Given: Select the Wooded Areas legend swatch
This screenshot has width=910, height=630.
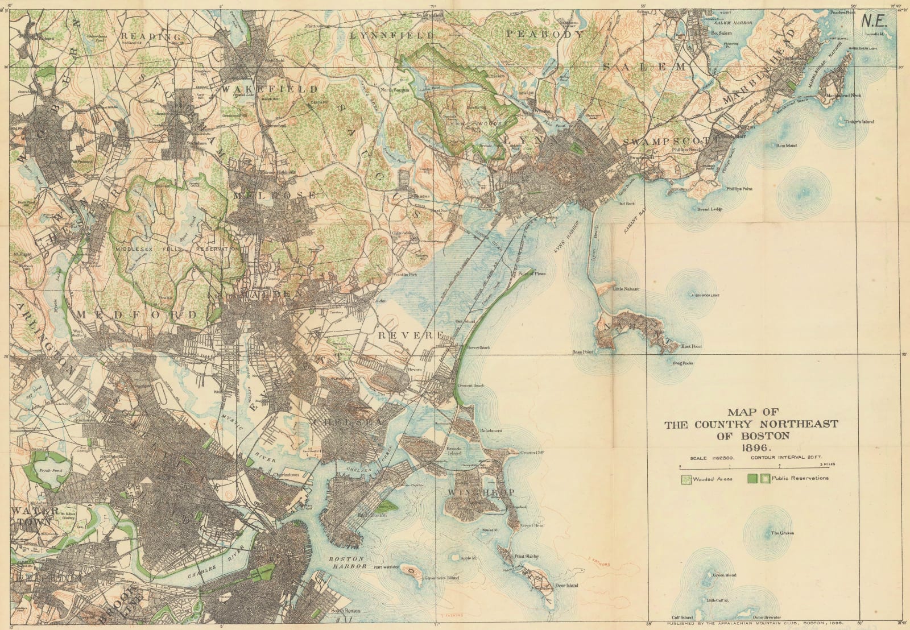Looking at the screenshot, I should pyautogui.click(x=687, y=479).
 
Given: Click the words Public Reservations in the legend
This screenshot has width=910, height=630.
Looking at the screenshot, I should pyautogui.click(x=800, y=478).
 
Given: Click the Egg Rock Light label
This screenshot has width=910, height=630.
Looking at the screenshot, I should pyautogui.click(x=704, y=296).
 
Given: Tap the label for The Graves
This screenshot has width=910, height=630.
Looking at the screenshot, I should pyautogui.click(x=783, y=533).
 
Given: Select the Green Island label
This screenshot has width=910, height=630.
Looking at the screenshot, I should pyautogui.click(x=725, y=575).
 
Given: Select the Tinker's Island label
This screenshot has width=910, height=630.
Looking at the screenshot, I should pyautogui.click(x=859, y=122).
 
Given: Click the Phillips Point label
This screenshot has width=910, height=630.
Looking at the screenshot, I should pyautogui.click(x=739, y=189).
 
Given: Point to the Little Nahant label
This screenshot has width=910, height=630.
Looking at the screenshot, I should pyautogui.click(x=626, y=289).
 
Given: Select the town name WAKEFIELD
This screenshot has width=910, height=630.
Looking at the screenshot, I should pyautogui.click(x=270, y=89).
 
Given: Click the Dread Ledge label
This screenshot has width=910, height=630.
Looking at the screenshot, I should pyautogui.click(x=710, y=209).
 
